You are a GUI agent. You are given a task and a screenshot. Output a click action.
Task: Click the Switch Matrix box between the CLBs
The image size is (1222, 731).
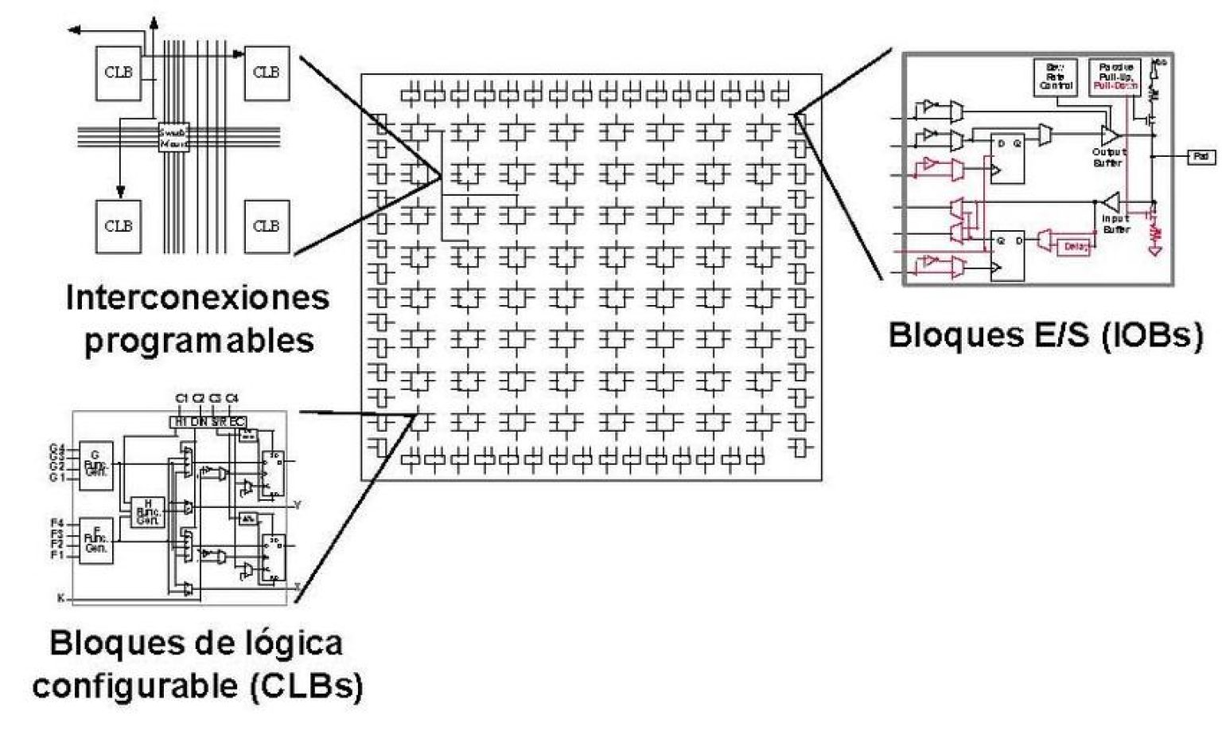point(174,138)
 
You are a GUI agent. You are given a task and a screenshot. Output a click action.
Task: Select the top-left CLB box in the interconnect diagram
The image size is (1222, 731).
point(119,72)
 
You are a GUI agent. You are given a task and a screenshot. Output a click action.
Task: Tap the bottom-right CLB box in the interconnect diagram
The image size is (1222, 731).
point(266,226)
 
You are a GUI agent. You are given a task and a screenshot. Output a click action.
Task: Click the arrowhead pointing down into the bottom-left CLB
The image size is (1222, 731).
point(120,192)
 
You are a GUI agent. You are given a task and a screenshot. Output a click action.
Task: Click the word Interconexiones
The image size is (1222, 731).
point(197,298)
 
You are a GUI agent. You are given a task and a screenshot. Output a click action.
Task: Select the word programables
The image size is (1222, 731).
point(199,341)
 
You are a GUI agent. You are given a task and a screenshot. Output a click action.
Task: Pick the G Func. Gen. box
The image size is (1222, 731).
point(97,464)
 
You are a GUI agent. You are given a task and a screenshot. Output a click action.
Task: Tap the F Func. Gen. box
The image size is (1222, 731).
point(97,541)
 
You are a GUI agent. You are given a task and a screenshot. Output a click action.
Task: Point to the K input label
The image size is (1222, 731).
point(60,597)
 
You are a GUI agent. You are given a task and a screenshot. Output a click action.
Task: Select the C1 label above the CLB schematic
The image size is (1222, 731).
point(182,397)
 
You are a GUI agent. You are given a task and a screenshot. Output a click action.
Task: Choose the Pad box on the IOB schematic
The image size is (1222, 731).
point(1201,157)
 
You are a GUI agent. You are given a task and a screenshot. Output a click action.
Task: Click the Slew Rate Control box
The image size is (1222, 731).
point(1057,77)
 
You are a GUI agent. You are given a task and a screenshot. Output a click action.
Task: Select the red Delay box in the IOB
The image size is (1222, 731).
point(1076,247)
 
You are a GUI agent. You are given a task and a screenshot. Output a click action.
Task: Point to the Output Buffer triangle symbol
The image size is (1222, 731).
point(1109,135)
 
